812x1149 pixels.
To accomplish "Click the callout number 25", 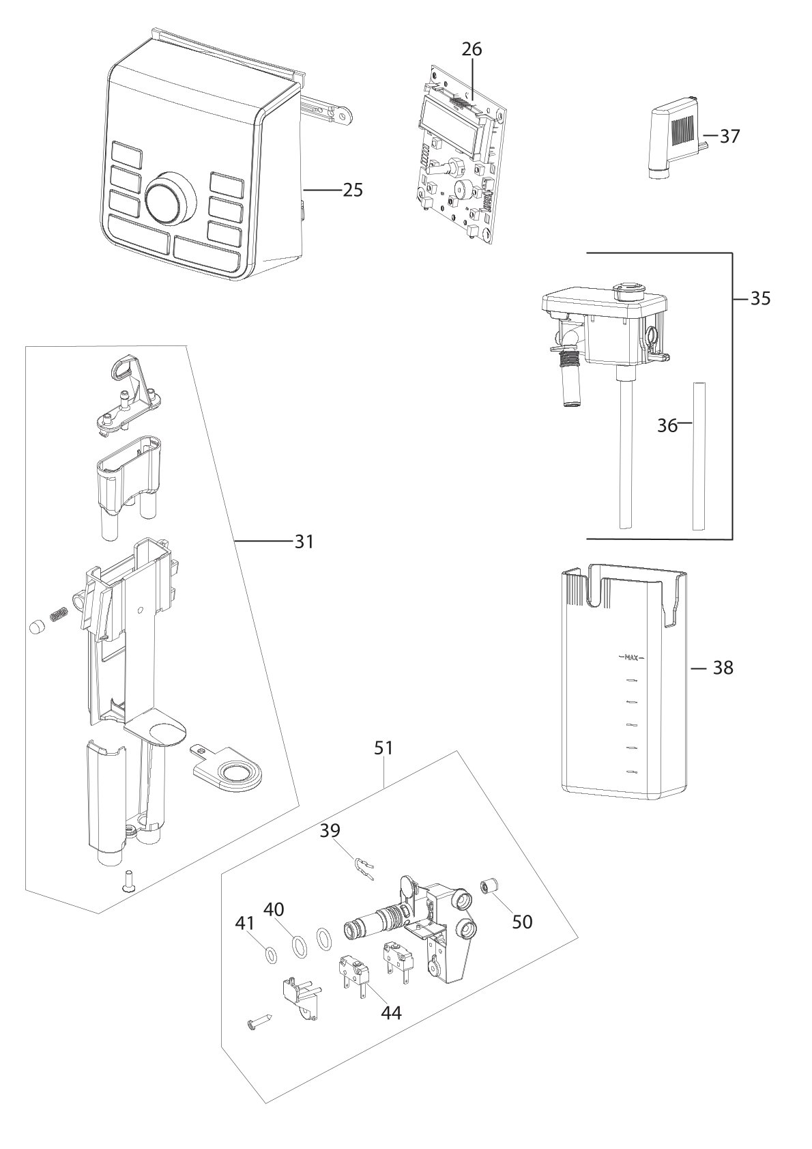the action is coord(352,190).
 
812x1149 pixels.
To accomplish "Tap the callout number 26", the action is coord(472,50).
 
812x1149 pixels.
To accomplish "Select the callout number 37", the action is coord(730,137).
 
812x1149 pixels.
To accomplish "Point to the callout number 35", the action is coord(760,298).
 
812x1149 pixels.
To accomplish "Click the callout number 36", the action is coord(667,426).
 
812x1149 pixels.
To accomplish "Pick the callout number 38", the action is coord(723,668).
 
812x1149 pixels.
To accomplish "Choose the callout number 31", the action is coord(304,541).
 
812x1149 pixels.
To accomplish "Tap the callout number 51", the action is coord(383,748).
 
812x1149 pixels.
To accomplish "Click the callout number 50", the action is coord(523,922).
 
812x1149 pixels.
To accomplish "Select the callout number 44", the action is coord(391,1012).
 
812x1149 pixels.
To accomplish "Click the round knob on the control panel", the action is coord(170,197).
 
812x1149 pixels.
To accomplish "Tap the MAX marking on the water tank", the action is coord(631,658).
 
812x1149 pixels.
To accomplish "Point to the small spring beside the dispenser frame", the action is coord(59,612).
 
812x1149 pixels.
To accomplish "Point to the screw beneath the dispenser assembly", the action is coord(125,887).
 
